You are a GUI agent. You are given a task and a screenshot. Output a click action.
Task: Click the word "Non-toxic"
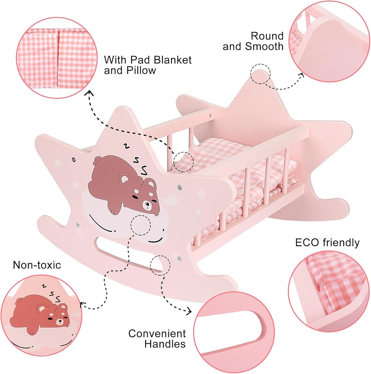[x=37, y=265]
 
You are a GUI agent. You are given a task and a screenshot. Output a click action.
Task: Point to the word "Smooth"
[x=264, y=46]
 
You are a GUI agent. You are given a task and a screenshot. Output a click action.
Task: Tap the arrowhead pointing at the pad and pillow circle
[x=89, y=92]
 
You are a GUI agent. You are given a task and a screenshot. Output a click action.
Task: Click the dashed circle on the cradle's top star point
[x=260, y=73]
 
